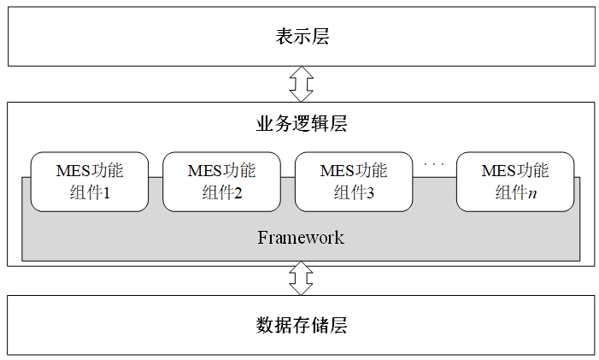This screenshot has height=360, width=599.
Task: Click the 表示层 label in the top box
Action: click(x=302, y=37)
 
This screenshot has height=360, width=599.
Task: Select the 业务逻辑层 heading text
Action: click(x=302, y=123)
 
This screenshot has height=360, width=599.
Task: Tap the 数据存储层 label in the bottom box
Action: click(x=302, y=325)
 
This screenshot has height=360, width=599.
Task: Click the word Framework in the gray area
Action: click(x=301, y=237)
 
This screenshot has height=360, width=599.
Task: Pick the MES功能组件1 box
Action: click(x=90, y=181)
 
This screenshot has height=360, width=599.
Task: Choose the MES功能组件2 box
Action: click(x=221, y=181)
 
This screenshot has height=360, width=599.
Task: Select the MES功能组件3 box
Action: click(x=354, y=181)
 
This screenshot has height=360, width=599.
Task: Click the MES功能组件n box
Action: click(x=515, y=181)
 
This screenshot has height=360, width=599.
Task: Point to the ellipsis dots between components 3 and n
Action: click(x=434, y=162)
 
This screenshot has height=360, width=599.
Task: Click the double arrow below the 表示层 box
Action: click(x=301, y=84)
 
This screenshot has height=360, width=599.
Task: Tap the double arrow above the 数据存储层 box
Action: click(x=301, y=278)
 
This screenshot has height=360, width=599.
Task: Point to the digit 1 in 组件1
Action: click(x=107, y=193)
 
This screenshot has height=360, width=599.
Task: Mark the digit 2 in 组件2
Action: click(x=238, y=193)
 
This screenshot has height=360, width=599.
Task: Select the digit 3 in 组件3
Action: click(x=371, y=193)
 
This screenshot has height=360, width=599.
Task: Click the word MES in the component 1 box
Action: click(x=72, y=170)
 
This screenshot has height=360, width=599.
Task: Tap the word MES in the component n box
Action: click(x=497, y=170)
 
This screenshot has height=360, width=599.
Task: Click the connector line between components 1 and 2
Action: click(x=156, y=177)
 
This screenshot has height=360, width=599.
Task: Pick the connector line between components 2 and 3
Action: click(x=288, y=177)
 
